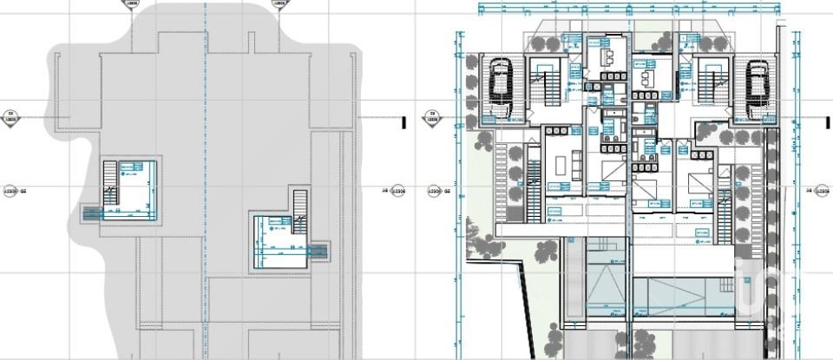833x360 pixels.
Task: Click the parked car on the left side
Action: (500, 82)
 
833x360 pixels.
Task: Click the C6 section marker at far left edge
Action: (10, 118)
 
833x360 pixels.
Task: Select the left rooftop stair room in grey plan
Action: (131, 188)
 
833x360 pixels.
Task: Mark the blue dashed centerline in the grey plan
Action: (207, 173)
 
